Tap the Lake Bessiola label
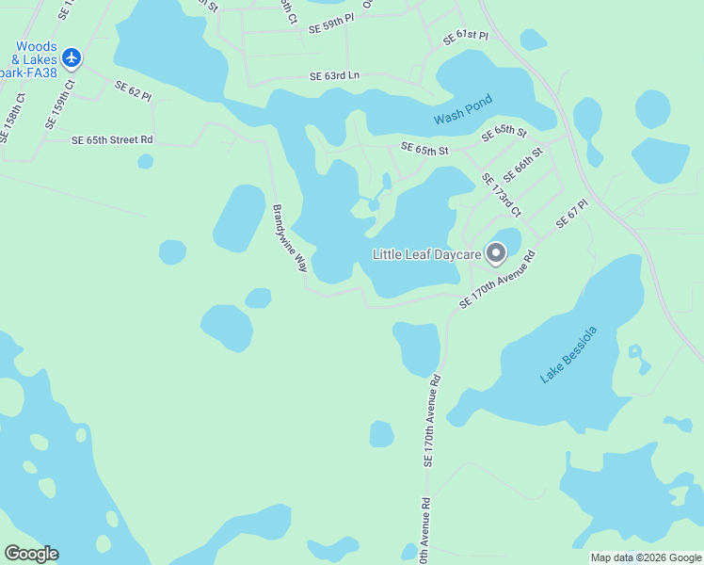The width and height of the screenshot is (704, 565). tap(568, 355)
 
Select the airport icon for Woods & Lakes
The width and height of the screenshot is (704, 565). tap(72, 57)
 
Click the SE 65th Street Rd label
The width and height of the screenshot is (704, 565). tap(112, 140)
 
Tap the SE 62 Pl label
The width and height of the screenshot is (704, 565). tap(133, 90)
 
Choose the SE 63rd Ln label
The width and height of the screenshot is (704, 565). tap(335, 76)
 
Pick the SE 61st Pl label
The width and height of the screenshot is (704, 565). tap(466, 37)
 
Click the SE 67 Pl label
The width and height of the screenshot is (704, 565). tap(571, 213)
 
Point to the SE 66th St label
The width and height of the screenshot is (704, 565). tap(523, 164)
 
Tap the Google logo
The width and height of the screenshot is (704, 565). tap(31, 554)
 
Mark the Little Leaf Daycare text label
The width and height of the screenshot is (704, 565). tap(427, 254)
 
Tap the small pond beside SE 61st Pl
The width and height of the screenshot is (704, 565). tap(533, 40)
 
